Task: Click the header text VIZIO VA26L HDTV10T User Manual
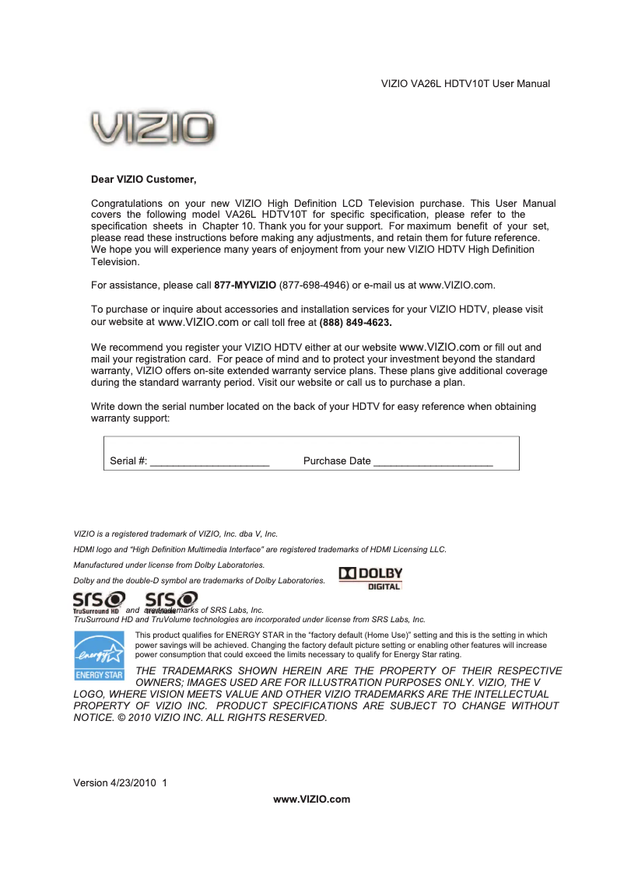point(465,84)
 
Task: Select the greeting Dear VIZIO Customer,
point(144,180)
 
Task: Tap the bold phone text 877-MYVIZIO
point(244,285)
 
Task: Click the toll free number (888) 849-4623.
point(356,322)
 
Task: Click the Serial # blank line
point(209,462)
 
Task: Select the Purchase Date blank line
point(433,462)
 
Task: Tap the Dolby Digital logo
point(371,579)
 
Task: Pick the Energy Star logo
point(98,656)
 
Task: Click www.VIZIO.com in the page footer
point(311,800)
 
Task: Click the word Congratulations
point(126,204)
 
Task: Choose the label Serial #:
point(128,461)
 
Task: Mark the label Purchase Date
point(336,461)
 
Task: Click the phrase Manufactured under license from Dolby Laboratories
point(169,565)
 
